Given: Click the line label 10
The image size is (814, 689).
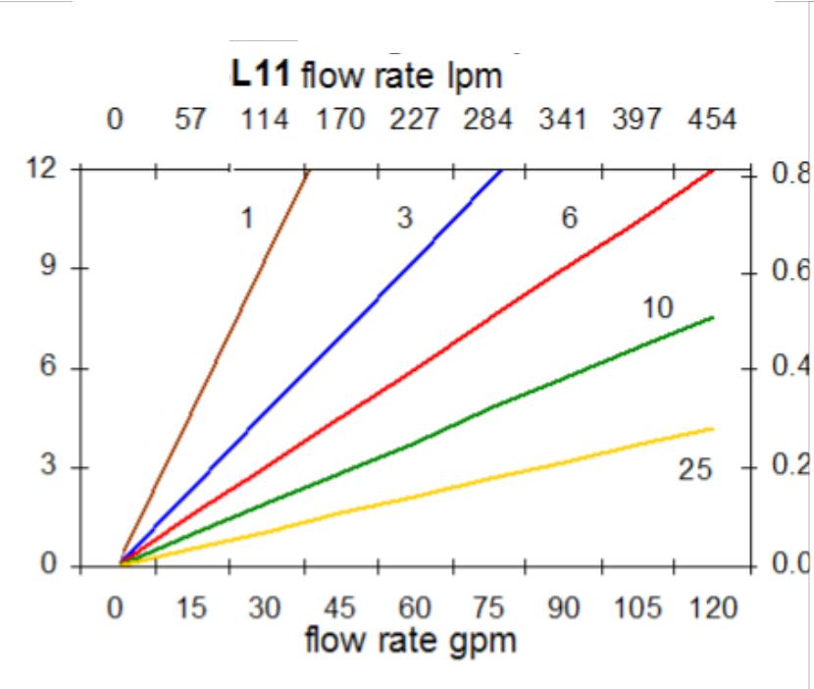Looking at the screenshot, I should click(x=658, y=308).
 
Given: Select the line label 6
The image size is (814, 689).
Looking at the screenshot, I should click(x=568, y=219).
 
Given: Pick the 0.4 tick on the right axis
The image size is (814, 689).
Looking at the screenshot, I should click(x=787, y=369).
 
